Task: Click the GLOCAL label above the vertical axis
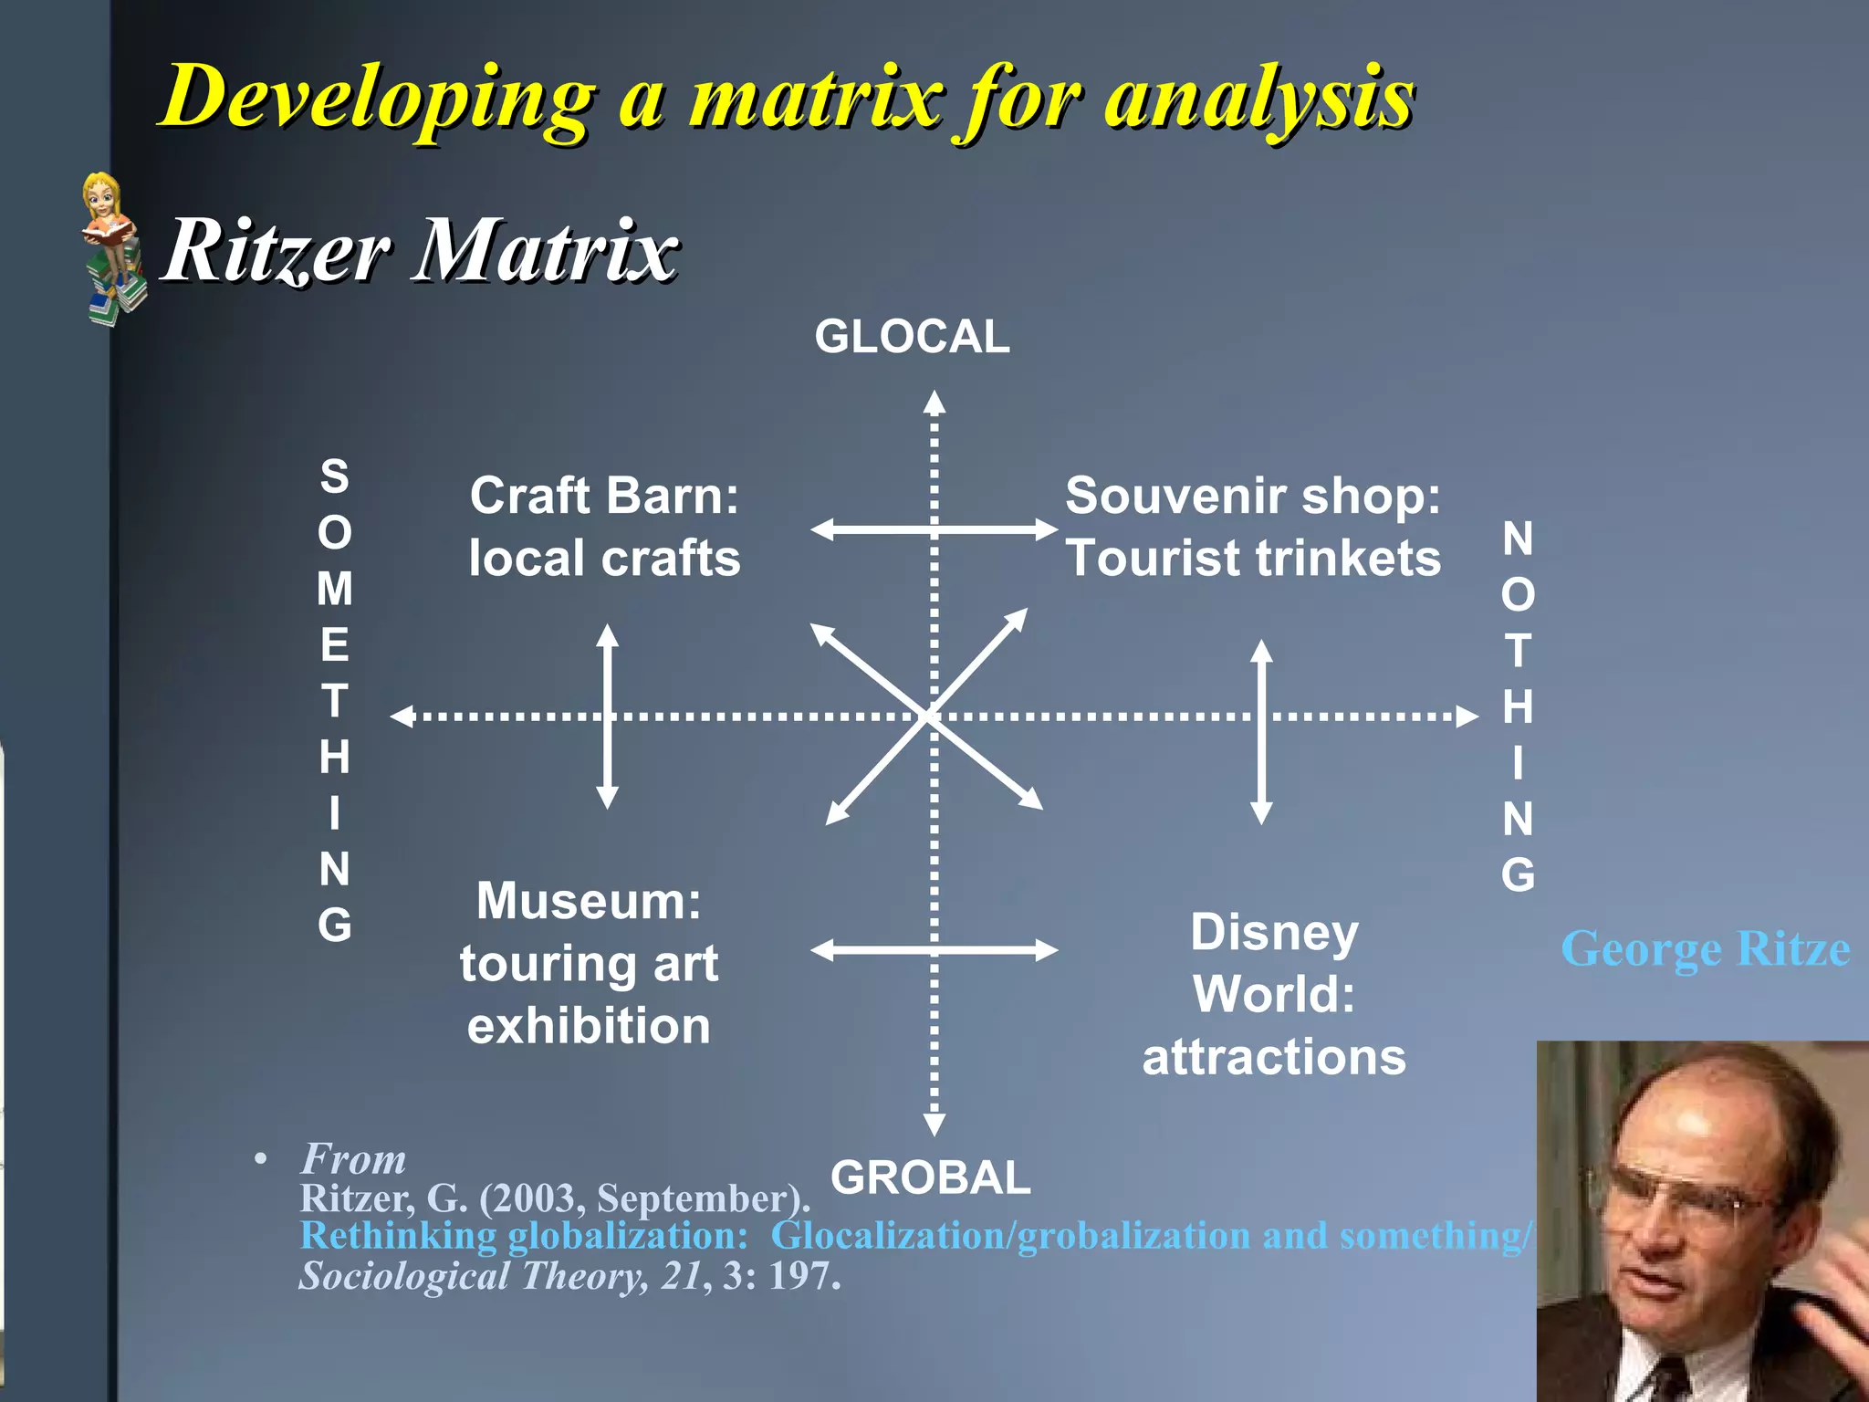(x=912, y=337)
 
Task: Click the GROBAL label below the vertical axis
(x=930, y=1177)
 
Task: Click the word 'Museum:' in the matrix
(x=589, y=901)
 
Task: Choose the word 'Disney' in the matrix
(x=1274, y=933)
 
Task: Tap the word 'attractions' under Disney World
(x=1274, y=1057)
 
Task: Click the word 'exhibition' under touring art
(x=589, y=1026)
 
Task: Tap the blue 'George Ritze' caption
(x=1705, y=948)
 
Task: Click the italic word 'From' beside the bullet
(x=353, y=1159)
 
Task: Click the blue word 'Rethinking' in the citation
(x=398, y=1236)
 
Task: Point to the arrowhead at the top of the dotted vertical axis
(x=934, y=402)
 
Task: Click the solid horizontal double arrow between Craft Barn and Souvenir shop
(x=934, y=529)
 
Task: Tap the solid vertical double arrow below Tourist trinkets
(x=1261, y=730)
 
